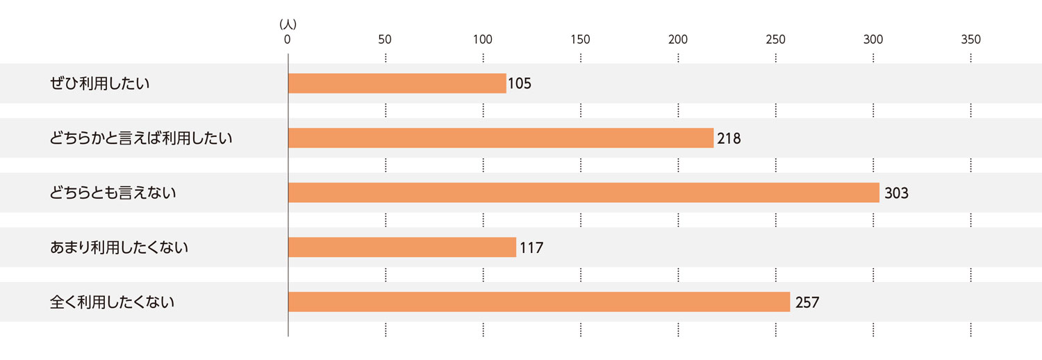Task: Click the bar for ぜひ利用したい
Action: (x=397, y=83)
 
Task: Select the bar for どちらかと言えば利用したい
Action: (x=500, y=138)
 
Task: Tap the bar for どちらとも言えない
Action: (x=584, y=193)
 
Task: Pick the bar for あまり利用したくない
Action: (x=402, y=247)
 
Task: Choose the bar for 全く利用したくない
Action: (x=538, y=302)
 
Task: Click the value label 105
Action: (x=520, y=83)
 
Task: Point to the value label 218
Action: (x=729, y=138)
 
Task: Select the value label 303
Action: (x=896, y=193)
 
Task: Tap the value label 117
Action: (x=531, y=247)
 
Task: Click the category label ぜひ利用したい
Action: (x=100, y=83)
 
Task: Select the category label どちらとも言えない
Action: (x=113, y=193)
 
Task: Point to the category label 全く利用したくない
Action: (x=113, y=302)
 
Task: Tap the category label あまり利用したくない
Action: (x=119, y=247)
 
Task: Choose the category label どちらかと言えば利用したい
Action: (x=141, y=138)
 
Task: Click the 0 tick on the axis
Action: (x=287, y=40)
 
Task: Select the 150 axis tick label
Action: (x=580, y=40)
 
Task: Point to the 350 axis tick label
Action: (x=970, y=40)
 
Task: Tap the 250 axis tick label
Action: (x=775, y=40)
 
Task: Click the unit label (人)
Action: (x=288, y=24)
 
